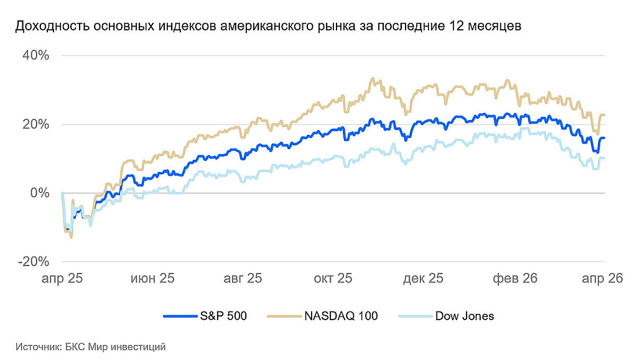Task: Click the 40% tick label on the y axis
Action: (35, 55)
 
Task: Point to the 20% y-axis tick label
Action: (35, 124)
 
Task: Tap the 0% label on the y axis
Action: (40, 193)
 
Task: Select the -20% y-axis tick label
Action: (34, 262)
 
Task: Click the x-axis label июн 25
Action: (152, 279)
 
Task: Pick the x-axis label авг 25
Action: (243, 279)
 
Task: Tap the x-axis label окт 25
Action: (333, 279)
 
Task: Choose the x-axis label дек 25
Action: (424, 279)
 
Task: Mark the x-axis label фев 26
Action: (515, 279)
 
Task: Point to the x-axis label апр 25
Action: (62, 279)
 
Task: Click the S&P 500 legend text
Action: (223, 316)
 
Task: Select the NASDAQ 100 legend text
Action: (341, 316)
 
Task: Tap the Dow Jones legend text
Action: (465, 316)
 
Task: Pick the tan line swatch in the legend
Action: (283, 316)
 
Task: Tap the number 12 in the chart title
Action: (450, 27)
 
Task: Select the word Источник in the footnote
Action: (37, 347)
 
